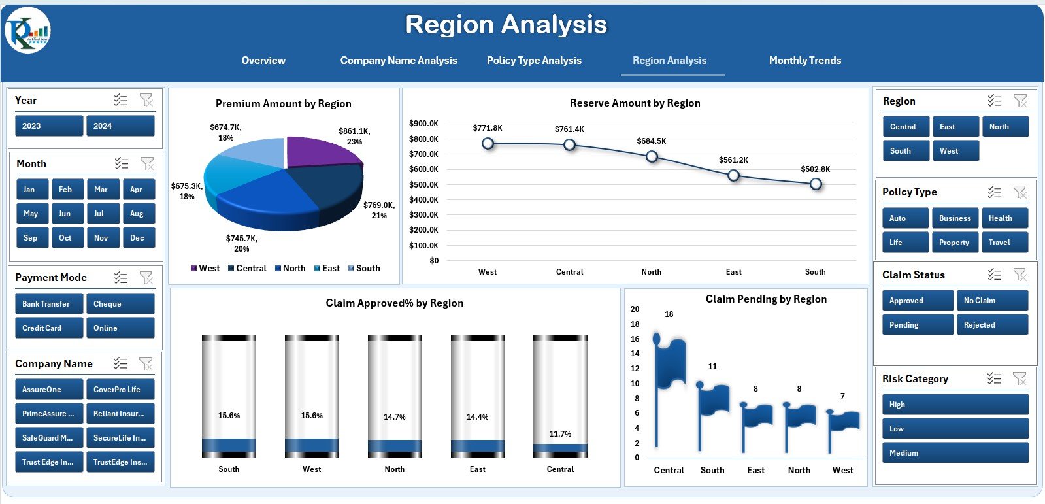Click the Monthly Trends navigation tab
804,60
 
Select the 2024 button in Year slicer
120,126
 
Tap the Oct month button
65,238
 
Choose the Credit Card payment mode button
48,328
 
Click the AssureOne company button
48,390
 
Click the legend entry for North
290,268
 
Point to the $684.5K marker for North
652,156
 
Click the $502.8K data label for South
815,169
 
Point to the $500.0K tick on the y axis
423,184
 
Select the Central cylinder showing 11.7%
560,396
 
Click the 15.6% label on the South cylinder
229,416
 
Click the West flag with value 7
842,428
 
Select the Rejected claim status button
991,325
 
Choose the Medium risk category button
954,453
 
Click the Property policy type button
954,243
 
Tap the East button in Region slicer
954,127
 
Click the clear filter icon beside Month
147,163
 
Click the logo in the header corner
27,30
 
